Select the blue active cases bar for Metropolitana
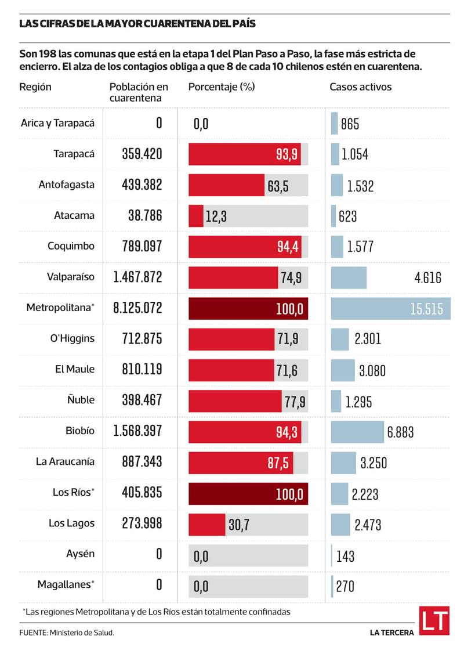pos(390,308)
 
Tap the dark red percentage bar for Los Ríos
pos(248,494)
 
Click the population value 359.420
pos(142,154)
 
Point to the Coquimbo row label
pos(71,245)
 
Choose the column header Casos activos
pos(360,87)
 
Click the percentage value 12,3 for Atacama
pos(216,216)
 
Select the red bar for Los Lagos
pos(207,525)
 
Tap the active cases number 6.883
pos(400,432)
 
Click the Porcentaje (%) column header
pos(222,87)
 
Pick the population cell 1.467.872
pos(138,277)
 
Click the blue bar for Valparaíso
pos(349,277)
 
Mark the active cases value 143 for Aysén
pos(345,556)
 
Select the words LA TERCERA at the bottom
pos(391,632)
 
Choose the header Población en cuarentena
pos(139,92)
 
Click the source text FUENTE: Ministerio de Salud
pos(67,632)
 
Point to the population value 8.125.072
pos(138,308)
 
